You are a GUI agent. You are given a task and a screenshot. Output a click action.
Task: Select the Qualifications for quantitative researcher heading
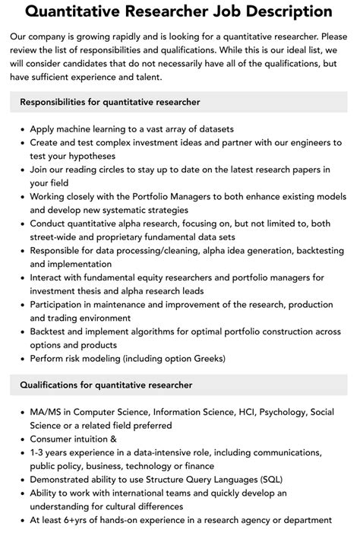pos(106,385)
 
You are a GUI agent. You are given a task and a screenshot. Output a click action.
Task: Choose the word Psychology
pos(281,413)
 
